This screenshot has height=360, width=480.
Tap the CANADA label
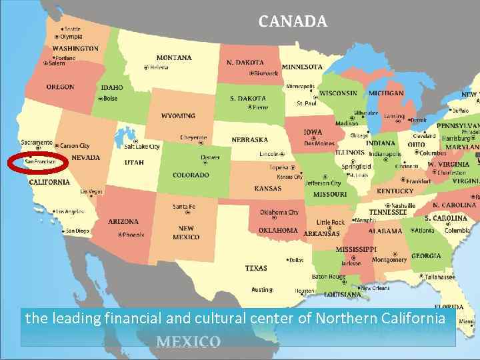[x=293, y=22]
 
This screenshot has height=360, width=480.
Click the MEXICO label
[x=188, y=342]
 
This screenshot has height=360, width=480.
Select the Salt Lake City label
[x=142, y=147]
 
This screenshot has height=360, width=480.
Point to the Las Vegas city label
[x=91, y=192]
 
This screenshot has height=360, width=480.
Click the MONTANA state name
[x=174, y=57]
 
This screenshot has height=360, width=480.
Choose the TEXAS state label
[x=256, y=268]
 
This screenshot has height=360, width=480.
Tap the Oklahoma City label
[x=279, y=213]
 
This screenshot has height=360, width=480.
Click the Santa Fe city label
[x=184, y=207]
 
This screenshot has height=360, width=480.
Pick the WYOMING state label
[x=178, y=115]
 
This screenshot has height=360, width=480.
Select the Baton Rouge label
[x=329, y=277]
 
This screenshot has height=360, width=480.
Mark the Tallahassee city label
[x=440, y=277]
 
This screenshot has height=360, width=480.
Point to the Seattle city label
[x=72, y=29]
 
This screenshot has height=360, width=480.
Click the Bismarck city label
[x=266, y=73]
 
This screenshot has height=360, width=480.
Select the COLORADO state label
[x=191, y=175]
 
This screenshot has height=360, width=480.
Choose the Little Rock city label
[x=331, y=223]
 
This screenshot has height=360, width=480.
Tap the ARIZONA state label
[x=123, y=221]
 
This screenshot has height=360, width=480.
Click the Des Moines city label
[x=319, y=143]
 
